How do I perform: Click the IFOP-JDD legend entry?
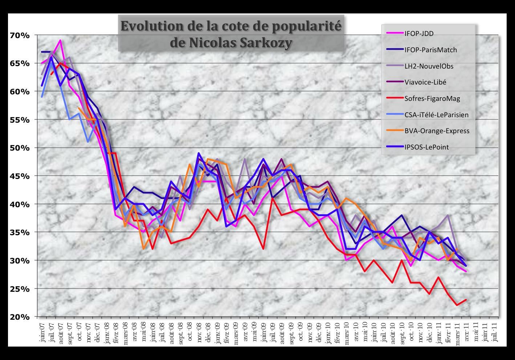tap(419, 34)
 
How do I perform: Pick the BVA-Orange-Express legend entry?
tap(437, 131)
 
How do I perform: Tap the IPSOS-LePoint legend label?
tap(426, 147)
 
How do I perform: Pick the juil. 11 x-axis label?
tap(494, 330)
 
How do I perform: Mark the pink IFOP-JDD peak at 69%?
tap(60, 40)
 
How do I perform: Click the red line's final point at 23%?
tap(466, 300)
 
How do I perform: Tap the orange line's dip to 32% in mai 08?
tap(143, 249)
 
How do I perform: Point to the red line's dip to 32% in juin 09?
tap(263, 249)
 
